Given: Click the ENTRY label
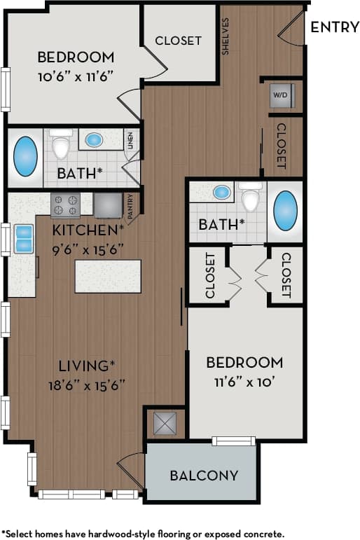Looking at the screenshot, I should [334, 27].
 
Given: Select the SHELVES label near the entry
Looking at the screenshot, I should [226, 37].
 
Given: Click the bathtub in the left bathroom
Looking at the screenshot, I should [26, 155].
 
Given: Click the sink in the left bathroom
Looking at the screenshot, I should [94, 139].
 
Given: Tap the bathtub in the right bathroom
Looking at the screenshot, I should [285, 209].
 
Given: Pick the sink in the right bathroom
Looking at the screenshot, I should [222, 192].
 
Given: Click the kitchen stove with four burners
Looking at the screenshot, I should [65, 205].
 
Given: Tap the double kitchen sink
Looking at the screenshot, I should [23, 238].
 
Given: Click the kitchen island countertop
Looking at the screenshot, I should [108, 276].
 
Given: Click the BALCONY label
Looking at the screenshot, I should [204, 476].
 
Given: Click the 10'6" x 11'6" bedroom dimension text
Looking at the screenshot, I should [75, 74].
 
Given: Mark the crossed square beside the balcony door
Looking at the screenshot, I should [165, 423].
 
